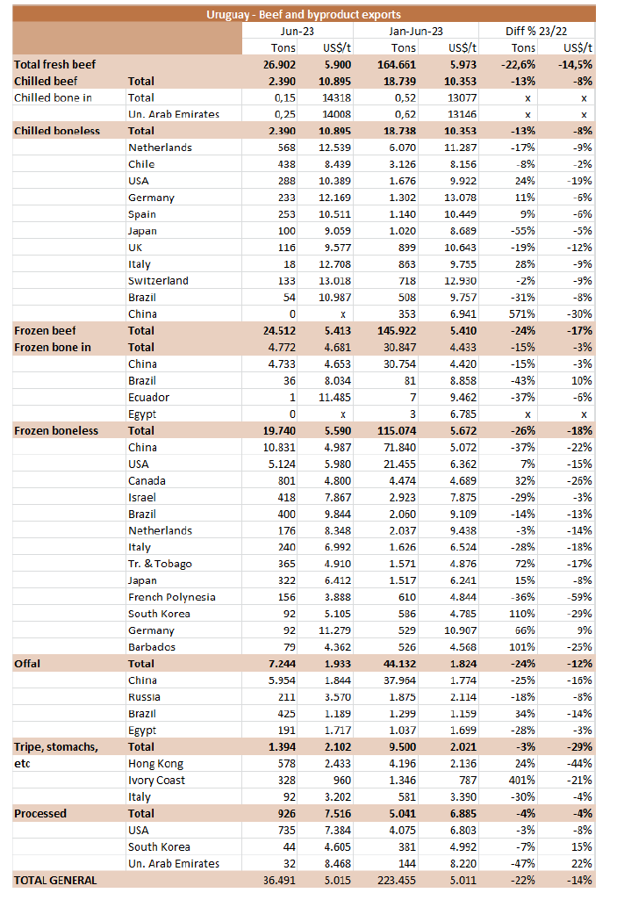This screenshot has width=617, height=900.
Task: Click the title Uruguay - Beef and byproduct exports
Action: pos(303,14)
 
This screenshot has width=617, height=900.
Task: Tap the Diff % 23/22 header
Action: pos(539,31)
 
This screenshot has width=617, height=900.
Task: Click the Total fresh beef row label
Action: pos(54,64)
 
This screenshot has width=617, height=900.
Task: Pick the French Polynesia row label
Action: pos(171,597)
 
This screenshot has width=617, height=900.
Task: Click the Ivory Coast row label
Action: pos(156,780)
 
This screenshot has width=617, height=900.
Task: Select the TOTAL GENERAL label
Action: pos(55,880)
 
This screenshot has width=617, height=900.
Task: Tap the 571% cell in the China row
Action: pos(522,313)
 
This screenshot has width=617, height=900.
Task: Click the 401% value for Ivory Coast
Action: pos(522,780)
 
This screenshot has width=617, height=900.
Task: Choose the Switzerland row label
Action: pos(158,281)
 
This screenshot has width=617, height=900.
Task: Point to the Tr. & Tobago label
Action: pos(160,564)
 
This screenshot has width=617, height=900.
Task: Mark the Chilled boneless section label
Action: pos(57,131)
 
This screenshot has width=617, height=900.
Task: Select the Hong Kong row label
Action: pos(155,763)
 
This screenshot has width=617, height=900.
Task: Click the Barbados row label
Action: pos(152,647)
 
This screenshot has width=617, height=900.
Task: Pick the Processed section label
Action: pos(40,813)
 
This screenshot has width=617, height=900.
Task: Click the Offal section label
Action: pos(27,664)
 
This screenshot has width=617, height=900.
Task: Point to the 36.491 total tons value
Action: pos(281,880)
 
